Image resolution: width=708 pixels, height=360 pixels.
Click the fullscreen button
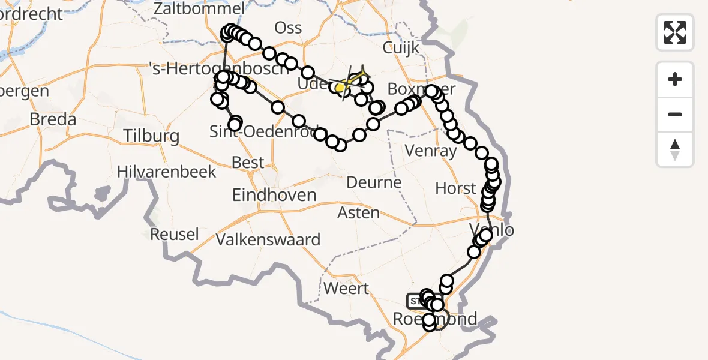pos(675,32)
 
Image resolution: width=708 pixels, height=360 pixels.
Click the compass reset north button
pos(675,149)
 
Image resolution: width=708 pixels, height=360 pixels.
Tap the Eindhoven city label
pos(274,195)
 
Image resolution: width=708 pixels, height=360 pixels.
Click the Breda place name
pos(53,119)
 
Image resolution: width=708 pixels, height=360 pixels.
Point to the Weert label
pos(346,288)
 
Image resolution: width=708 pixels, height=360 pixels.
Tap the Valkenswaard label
pos(268,240)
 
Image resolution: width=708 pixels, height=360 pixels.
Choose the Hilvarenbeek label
pos(166,172)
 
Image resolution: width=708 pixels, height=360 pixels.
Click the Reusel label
pos(174,234)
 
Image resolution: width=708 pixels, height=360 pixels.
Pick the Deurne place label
pos(374,182)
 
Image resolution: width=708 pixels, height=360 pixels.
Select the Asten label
pos(358,212)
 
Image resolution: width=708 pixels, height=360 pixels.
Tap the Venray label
pos(431,151)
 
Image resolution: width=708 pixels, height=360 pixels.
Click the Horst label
pos(455,188)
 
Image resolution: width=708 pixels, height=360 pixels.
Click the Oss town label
pos(288,28)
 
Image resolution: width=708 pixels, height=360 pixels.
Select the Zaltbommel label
pos(199,9)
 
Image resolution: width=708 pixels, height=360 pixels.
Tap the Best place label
pos(248,163)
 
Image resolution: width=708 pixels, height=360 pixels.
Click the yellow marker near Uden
pos(340,88)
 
